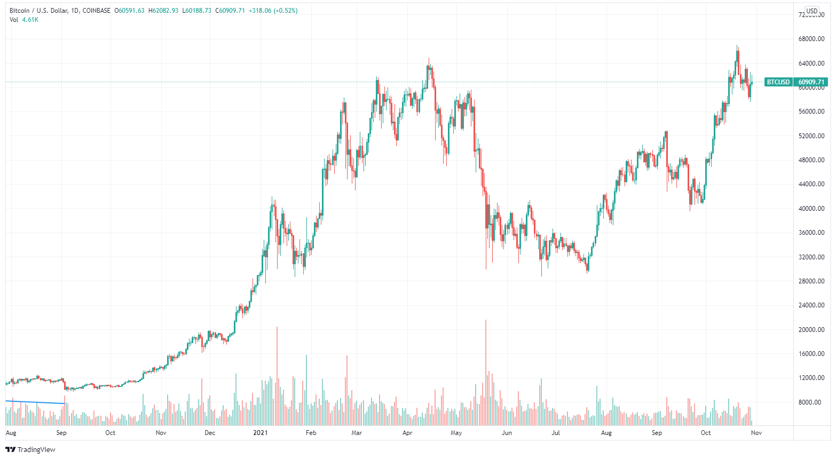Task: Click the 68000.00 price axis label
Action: tap(811, 39)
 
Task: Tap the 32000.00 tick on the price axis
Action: tap(811, 257)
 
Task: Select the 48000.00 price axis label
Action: tap(811, 160)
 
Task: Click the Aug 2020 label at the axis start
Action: tap(11, 433)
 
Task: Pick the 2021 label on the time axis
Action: tap(260, 433)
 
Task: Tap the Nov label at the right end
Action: tap(756, 433)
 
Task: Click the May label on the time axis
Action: tap(456, 433)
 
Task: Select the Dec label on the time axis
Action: tap(210, 433)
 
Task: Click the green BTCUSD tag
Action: tap(778, 82)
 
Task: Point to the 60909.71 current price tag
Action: tap(811, 82)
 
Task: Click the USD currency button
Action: tap(811, 11)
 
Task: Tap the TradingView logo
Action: tap(30, 449)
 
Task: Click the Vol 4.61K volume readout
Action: tap(24, 20)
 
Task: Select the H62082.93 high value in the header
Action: tap(163, 11)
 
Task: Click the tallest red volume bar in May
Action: tap(486, 374)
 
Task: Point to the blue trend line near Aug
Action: tap(35, 402)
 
